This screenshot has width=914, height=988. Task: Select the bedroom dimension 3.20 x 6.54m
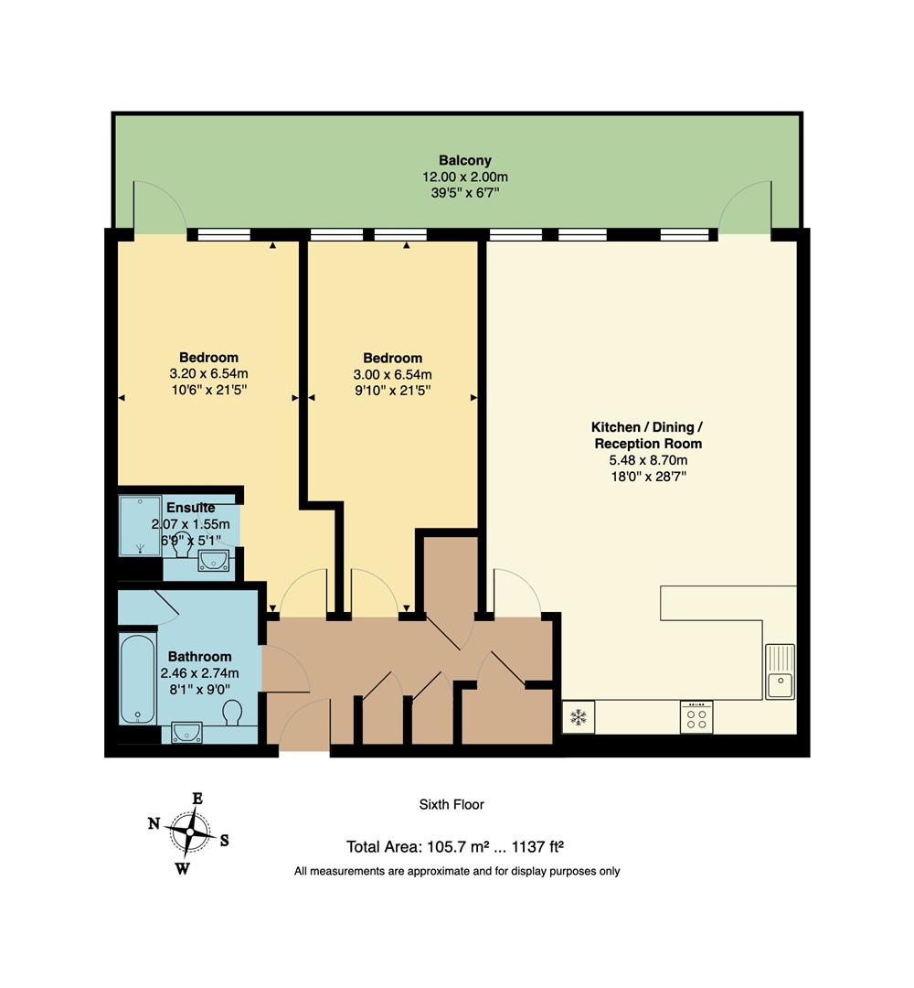[208, 373]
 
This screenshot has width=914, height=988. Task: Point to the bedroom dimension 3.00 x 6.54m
[392, 374]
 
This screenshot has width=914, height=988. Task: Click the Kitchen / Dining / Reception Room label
[648, 435]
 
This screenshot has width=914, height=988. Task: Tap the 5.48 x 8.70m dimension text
[648, 460]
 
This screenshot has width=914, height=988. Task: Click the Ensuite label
[190, 508]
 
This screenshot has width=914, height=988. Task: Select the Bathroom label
[199, 656]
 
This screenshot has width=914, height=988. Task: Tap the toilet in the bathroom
[233, 712]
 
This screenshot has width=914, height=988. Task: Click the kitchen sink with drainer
[780, 672]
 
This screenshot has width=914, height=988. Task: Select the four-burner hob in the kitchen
[696, 716]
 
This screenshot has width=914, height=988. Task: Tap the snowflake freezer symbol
[578, 716]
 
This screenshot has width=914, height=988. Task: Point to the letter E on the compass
[197, 798]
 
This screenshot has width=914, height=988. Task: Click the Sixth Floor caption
[452, 804]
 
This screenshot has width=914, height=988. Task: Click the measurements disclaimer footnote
[457, 871]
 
